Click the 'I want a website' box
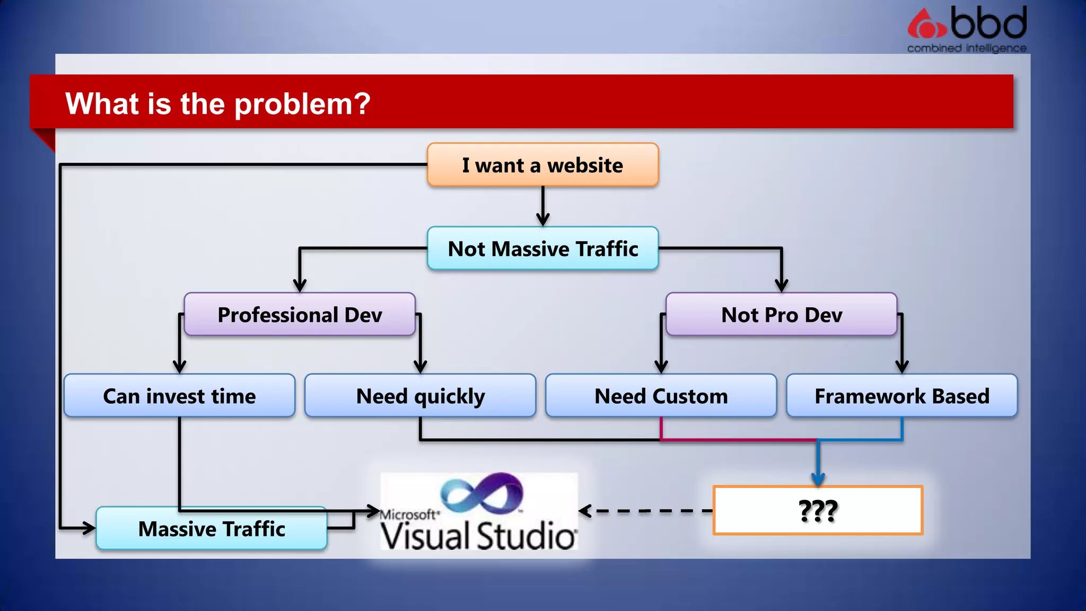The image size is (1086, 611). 542,165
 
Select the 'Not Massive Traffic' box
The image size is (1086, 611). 542,249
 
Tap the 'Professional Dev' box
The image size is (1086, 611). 300,315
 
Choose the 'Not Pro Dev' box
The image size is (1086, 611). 781,315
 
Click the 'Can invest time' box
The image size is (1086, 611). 179,396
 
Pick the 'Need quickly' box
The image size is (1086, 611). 420,396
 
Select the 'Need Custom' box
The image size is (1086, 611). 661,396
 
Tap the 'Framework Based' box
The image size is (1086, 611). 901,396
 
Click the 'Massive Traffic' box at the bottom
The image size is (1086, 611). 212,528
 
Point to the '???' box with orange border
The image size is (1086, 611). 818,510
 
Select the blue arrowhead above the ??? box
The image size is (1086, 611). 818,479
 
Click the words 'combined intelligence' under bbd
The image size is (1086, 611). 966,48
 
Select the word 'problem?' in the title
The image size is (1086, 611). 302,103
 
